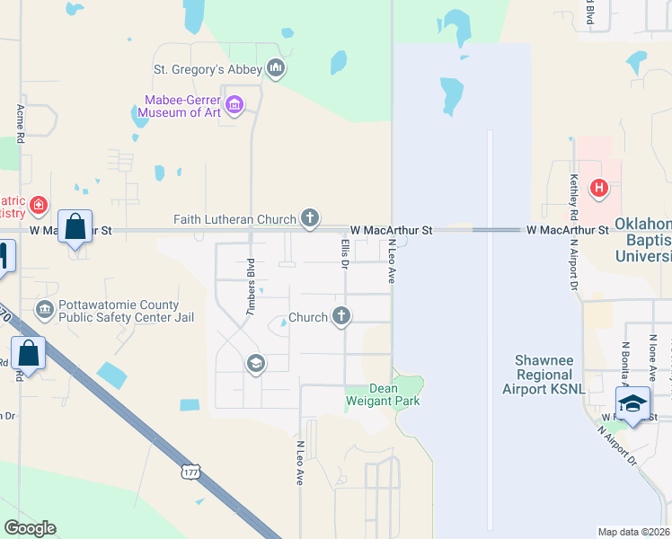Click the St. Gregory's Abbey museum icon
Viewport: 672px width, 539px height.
pos(276,68)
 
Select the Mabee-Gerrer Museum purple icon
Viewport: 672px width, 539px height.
pos(234,105)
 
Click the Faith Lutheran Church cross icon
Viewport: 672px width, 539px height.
pos(310,218)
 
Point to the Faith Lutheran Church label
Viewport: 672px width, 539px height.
pos(234,219)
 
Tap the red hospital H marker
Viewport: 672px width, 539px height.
pos(599,189)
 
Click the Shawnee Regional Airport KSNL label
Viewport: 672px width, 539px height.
pos(543,374)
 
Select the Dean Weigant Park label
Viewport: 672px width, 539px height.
pos(383,395)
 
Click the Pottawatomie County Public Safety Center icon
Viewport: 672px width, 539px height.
pos(44,310)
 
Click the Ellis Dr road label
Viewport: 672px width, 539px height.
pos(344,252)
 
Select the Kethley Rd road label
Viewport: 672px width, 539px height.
pos(572,198)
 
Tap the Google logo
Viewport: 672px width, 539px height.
pos(30,528)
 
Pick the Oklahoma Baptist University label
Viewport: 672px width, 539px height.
pos(642,240)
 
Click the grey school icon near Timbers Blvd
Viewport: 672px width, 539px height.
pos(255,363)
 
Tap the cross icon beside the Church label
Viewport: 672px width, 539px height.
pos(340,316)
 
